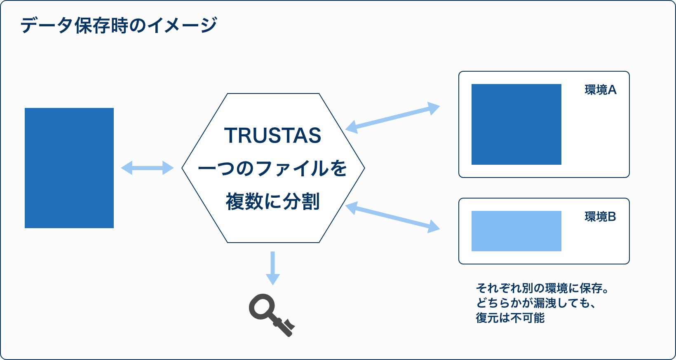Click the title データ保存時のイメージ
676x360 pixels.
tap(119, 25)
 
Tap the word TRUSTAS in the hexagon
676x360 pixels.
tap(273, 135)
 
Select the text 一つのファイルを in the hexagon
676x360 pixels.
tap(272, 168)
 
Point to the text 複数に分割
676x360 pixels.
tap(273, 201)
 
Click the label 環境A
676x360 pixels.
tap(601, 90)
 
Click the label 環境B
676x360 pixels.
tap(600, 217)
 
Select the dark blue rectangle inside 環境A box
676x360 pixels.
tap(516, 124)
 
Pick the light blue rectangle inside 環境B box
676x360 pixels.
tap(516, 231)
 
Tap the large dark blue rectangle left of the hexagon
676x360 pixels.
tap(69, 168)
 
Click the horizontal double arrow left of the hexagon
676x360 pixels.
tap(147, 168)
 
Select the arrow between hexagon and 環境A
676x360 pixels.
tap(392, 118)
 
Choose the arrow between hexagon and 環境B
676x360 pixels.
tap(392, 217)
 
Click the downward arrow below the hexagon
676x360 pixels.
tap(273, 268)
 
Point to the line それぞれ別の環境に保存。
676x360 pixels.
tap(542, 289)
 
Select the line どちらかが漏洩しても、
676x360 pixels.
tap(536, 303)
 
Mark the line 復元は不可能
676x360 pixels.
tap(510, 318)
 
